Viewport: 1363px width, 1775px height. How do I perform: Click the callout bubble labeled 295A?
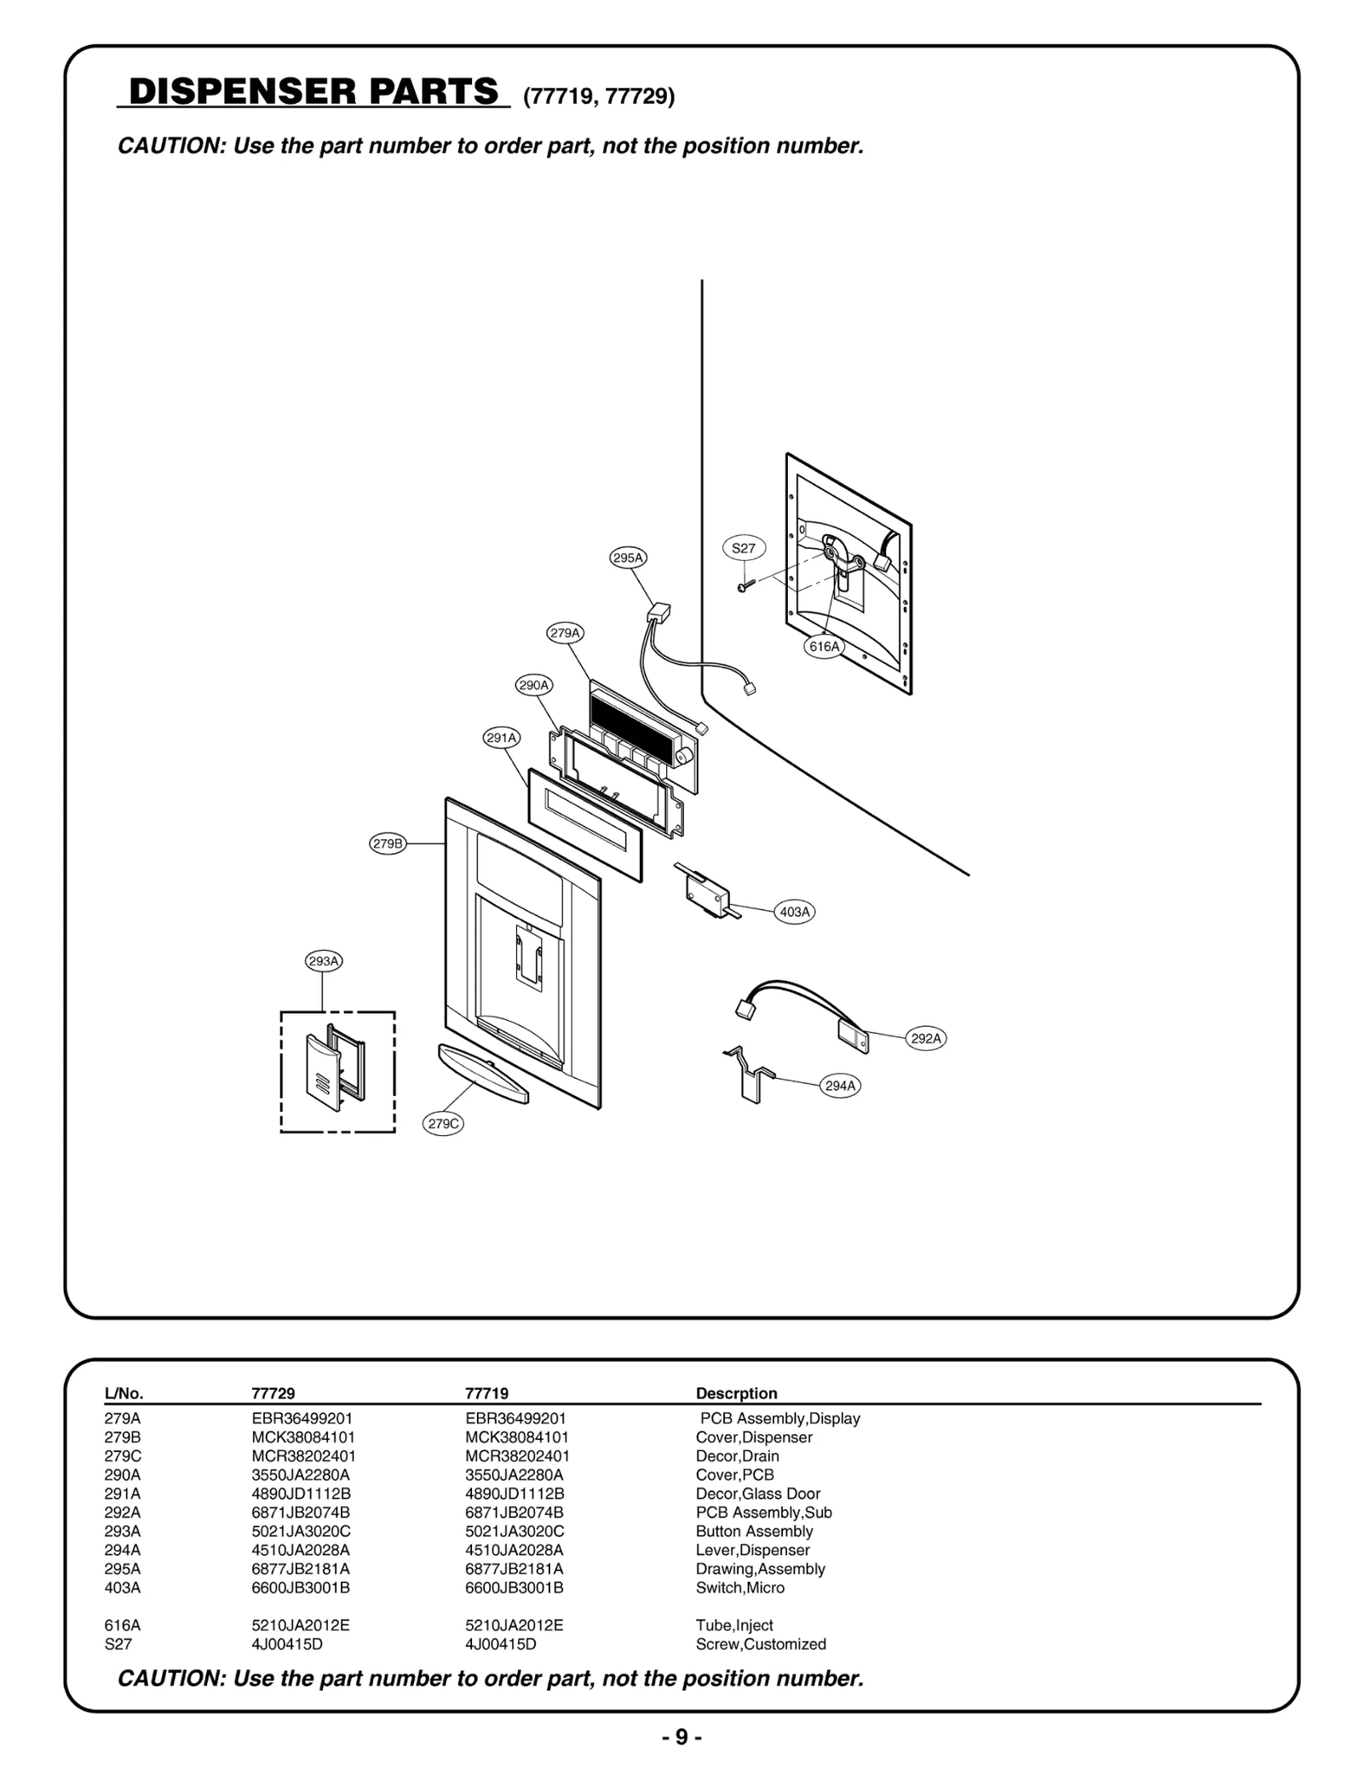pos(628,558)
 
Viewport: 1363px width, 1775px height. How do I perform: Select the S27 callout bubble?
pos(744,548)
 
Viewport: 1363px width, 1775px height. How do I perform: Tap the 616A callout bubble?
pos(824,647)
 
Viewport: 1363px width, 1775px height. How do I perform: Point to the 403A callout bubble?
pos(794,912)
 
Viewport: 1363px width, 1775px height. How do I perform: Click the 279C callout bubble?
pos(443,1124)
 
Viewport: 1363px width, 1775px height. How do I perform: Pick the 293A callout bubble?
pos(324,961)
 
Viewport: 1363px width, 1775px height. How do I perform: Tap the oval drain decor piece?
pos(483,1073)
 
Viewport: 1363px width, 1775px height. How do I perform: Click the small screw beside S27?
pos(744,586)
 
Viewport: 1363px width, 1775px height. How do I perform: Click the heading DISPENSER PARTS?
pos(313,91)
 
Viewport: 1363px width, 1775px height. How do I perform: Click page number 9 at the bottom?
pos(681,1737)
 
